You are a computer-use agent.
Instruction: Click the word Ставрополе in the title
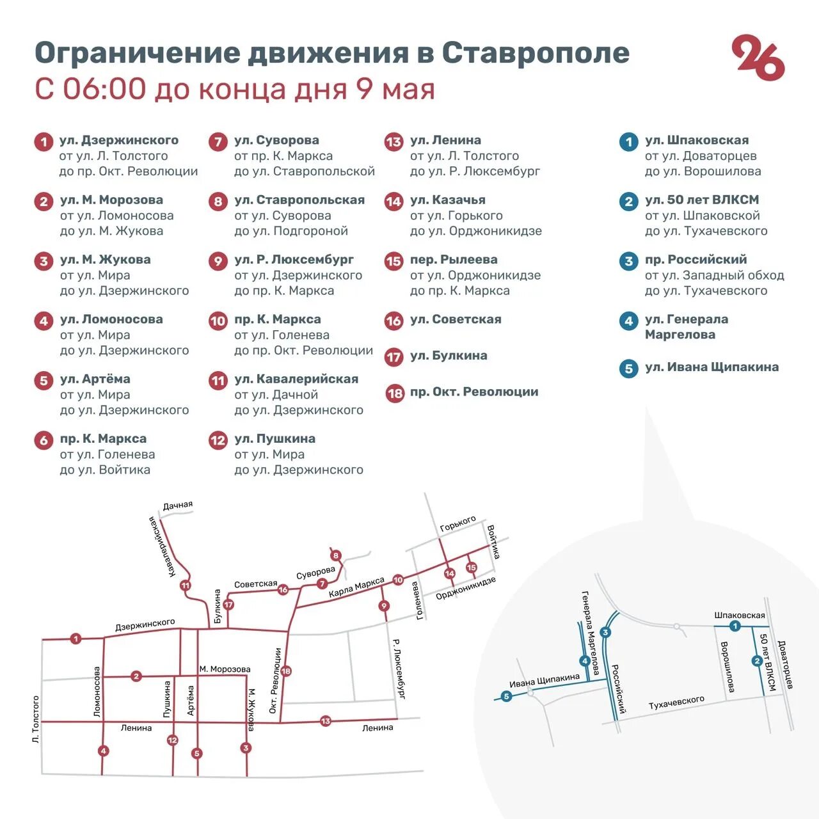(x=536, y=52)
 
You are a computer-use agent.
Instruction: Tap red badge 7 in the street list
(x=218, y=141)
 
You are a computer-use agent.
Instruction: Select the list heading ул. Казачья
(x=447, y=200)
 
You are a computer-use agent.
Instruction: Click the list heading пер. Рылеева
(x=454, y=260)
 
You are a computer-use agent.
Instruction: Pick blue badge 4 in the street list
(x=628, y=321)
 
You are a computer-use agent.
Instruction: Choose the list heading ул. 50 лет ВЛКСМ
(x=701, y=200)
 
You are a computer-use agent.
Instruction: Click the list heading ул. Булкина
(x=449, y=356)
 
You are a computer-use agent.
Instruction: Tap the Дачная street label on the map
(x=178, y=505)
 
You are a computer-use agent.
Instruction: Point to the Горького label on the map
(x=458, y=524)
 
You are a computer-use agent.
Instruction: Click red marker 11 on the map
(x=186, y=585)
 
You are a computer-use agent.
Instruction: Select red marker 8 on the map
(x=336, y=555)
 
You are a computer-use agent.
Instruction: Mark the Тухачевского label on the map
(x=676, y=703)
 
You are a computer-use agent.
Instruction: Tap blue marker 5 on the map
(x=506, y=696)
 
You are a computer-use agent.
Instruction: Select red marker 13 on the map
(x=325, y=721)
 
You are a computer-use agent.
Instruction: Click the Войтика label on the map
(x=493, y=542)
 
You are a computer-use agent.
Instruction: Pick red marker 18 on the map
(x=286, y=671)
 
